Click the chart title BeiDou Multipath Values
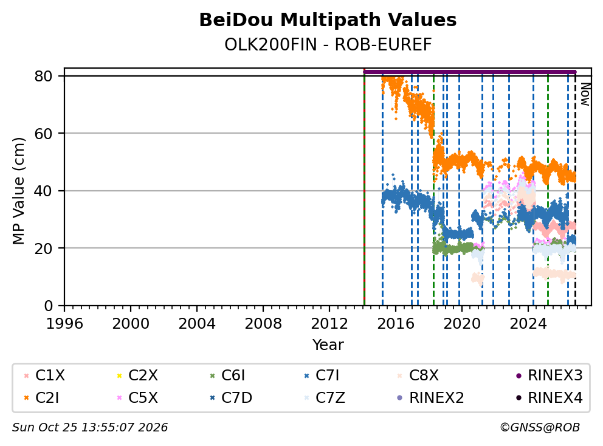click(x=328, y=20)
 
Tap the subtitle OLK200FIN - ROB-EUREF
click(x=328, y=45)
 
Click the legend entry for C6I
click(x=227, y=376)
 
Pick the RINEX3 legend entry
click(x=549, y=376)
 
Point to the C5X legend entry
click(x=137, y=398)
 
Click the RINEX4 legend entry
click(x=549, y=398)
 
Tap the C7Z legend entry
click(x=324, y=398)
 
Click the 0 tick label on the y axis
click(x=48, y=306)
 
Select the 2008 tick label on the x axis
click(x=263, y=324)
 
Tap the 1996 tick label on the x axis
click(x=64, y=324)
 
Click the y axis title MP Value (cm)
click(x=18, y=191)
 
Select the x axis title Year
click(x=328, y=345)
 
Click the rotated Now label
click(x=585, y=94)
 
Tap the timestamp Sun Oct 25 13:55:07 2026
click(x=90, y=428)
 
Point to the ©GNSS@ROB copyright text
click(x=540, y=428)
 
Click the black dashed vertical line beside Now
click(x=575, y=189)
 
